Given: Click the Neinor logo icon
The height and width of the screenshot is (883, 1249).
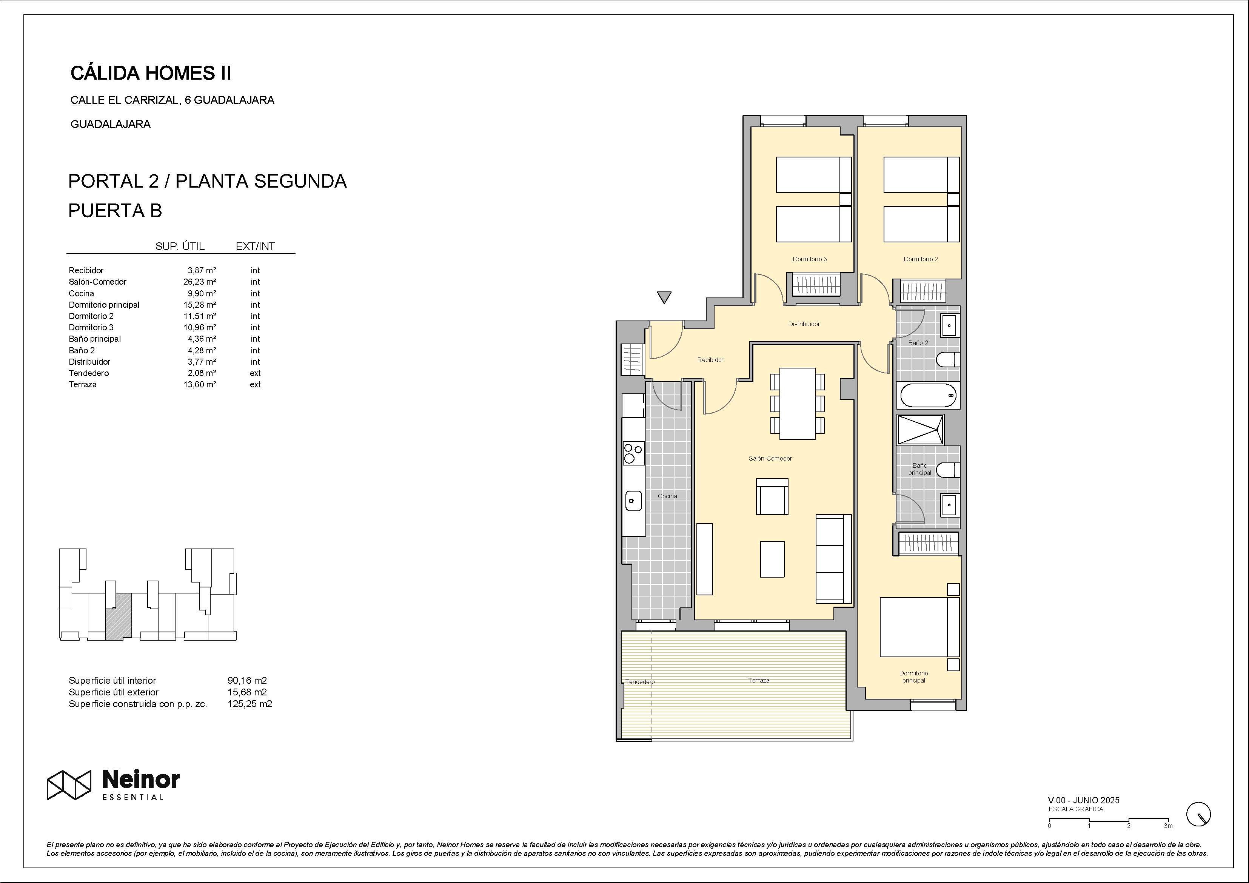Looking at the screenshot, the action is [x=69, y=785].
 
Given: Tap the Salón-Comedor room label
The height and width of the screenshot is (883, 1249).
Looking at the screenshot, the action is [x=770, y=458].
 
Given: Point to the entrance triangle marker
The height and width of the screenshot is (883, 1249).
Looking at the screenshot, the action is [x=664, y=297].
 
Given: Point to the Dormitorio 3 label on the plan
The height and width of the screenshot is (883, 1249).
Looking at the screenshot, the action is [x=810, y=259].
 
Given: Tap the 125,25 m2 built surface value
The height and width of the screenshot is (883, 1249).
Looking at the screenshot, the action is [x=250, y=703].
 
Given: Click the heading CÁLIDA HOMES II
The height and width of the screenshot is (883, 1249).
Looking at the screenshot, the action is [x=151, y=73].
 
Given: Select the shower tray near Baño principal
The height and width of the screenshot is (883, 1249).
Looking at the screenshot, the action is [x=921, y=429].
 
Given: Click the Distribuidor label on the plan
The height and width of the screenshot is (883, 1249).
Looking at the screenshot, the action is [x=804, y=324].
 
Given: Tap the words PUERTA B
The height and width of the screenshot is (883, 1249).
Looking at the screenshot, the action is [x=116, y=211].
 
